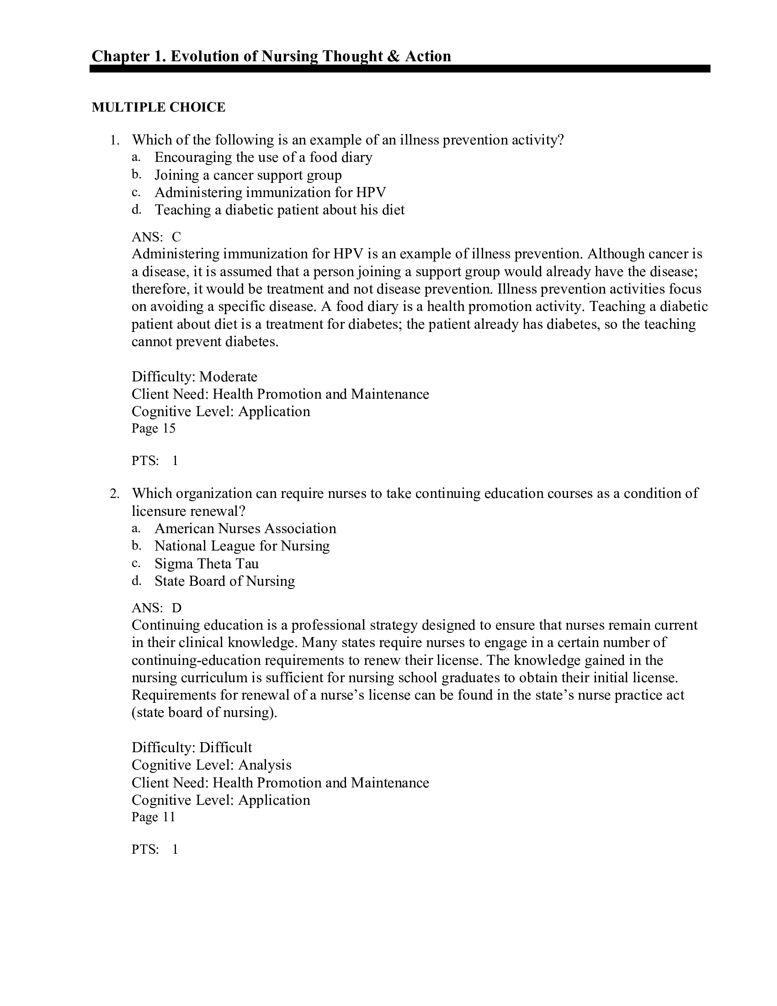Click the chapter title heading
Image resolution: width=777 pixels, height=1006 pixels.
[x=271, y=56]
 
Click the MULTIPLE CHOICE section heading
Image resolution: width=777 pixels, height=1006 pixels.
[x=158, y=107]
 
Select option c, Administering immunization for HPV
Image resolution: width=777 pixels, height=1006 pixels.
[x=270, y=192]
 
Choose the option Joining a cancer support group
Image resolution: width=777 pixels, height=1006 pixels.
[x=248, y=175]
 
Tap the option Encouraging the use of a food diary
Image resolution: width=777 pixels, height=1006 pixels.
[x=263, y=158]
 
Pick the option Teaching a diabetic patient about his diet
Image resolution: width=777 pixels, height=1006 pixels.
[x=279, y=210]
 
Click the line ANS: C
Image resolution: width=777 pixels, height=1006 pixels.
[x=156, y=237]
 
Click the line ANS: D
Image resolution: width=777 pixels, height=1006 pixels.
[x=156, y=608]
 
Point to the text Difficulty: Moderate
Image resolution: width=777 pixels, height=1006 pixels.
[x=194, y=377]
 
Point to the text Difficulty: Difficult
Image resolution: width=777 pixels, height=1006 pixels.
[x=192, y=748]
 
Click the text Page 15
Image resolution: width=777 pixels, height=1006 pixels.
[x=153, y=429]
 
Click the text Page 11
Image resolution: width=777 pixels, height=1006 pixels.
[x=153, y=817]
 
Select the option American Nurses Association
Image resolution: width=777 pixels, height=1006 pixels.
[x=245, y=528]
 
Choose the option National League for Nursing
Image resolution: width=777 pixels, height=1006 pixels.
[x=242, y=546]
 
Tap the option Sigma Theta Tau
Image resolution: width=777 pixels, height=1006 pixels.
[x=206, y=564]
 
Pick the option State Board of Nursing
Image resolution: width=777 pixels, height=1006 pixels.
[x=224, y=581]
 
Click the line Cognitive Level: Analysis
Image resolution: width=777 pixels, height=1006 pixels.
[x=211, y=765]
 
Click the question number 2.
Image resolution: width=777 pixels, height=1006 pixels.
[x=114, y=494]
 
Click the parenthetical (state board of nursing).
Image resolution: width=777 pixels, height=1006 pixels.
[x=204, y=712]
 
